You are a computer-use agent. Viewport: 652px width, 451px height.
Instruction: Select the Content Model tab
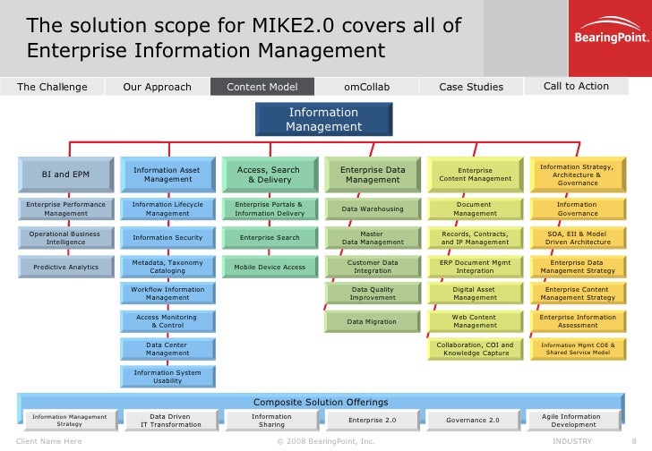[x=262, y=87]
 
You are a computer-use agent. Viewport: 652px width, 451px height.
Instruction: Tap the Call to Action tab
[x=576, y=87]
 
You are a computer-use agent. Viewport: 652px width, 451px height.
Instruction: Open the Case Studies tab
[x=471, y=87]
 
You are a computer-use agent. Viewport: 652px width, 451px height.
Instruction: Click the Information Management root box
[x=323, y=120]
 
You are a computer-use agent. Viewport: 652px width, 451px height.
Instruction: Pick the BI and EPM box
[x=66, y=174]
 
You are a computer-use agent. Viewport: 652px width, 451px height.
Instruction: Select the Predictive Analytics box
[x=66, y=267]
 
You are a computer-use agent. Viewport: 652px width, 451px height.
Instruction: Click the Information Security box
[x=167, y=238]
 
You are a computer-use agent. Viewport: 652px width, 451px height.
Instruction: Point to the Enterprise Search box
[x=270, y=238]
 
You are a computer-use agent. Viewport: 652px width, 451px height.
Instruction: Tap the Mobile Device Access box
[x=270, y=267]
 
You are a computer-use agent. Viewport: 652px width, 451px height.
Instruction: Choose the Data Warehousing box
[x=373, y=209]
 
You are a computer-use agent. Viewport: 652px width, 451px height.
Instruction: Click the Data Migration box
[x=373, y=321]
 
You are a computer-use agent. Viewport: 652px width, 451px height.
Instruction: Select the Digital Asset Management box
[x=475, y=294]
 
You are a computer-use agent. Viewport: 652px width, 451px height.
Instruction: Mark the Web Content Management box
[x=475, y=321]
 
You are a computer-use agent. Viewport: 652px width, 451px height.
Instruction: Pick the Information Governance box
[x=578, y=209]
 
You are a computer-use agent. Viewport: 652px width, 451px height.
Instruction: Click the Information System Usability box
[x=167, y=377]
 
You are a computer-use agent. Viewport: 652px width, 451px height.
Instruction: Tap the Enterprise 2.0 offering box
[x=372, y=419]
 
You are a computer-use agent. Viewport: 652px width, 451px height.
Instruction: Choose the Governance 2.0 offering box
[x=474, y=419]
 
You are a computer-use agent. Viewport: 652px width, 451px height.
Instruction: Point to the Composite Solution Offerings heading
[x=321, y=402]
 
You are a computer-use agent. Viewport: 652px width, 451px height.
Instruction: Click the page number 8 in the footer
[x=634, y=441]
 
